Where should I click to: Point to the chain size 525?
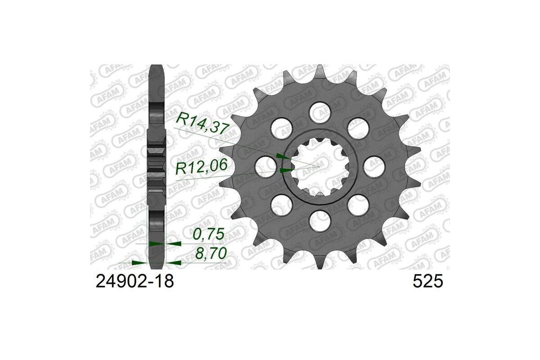[427, 282]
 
